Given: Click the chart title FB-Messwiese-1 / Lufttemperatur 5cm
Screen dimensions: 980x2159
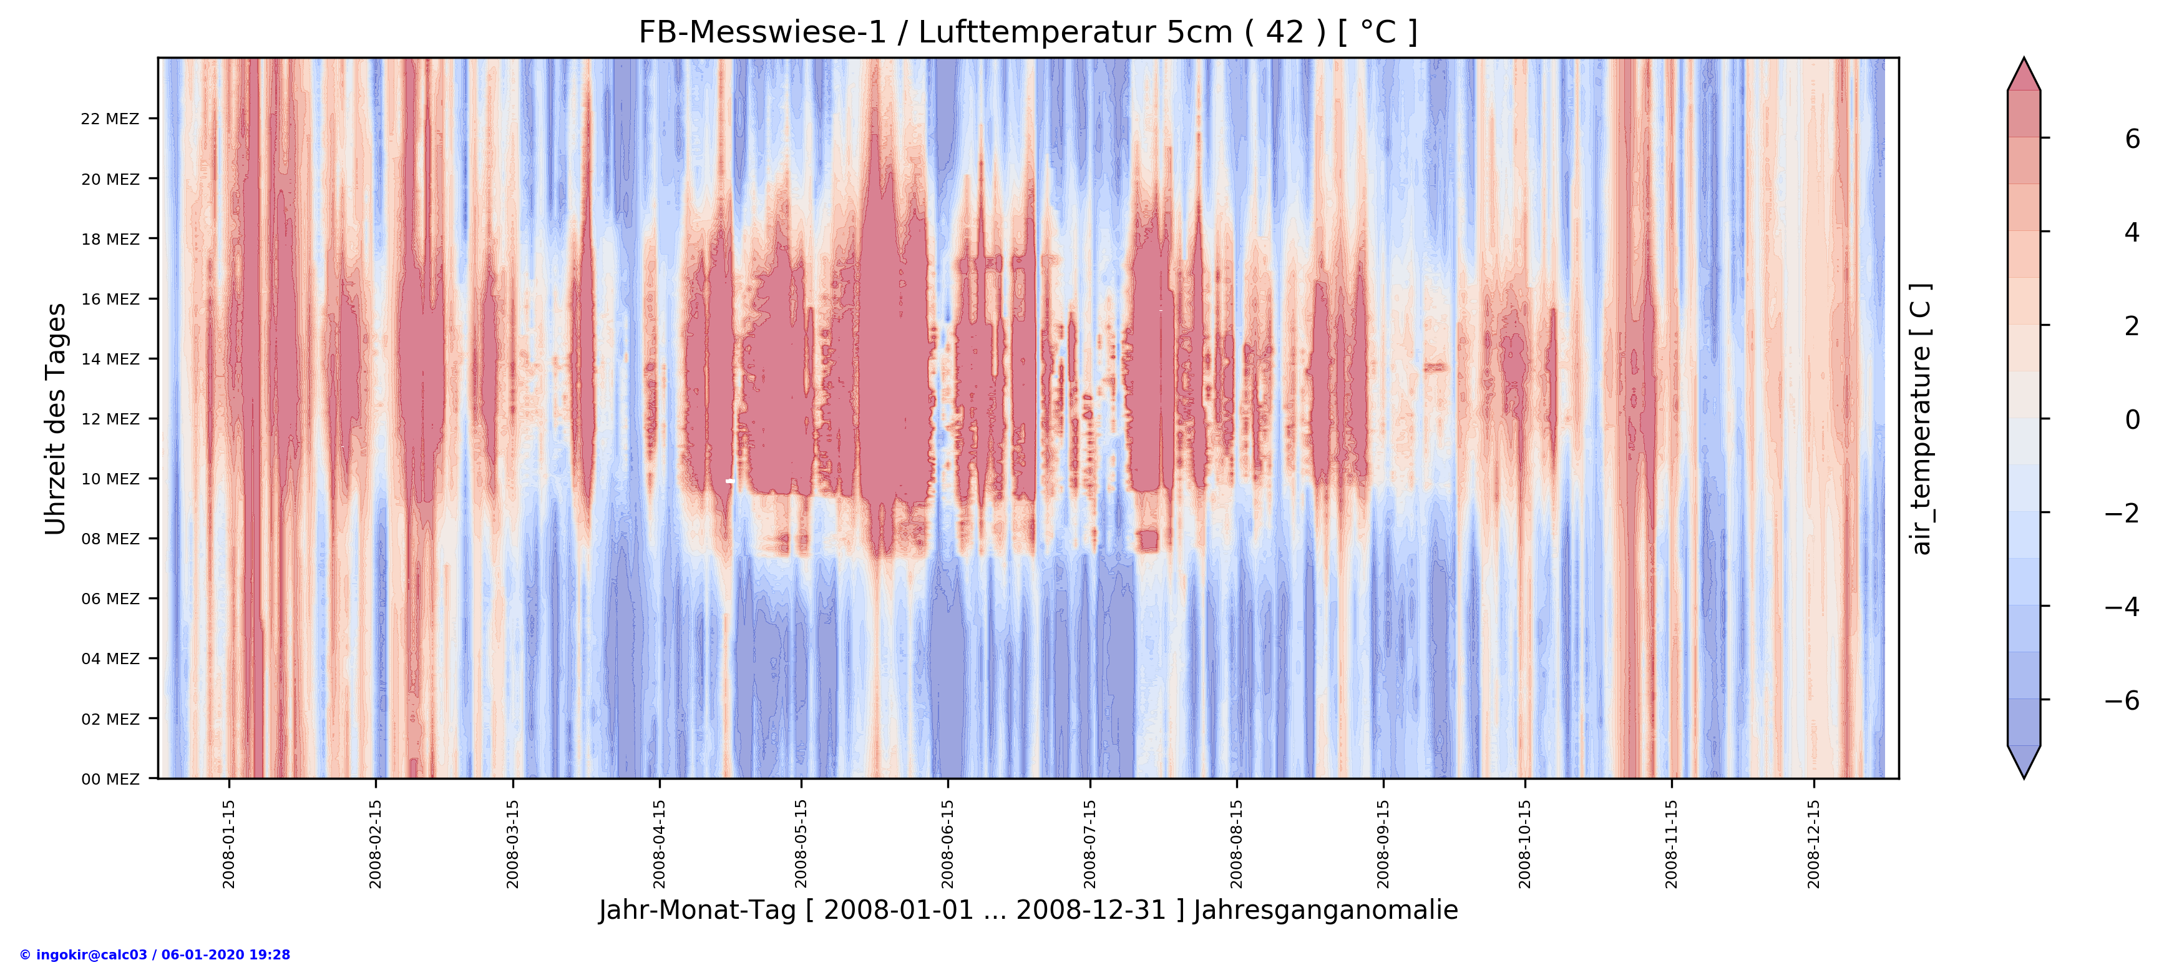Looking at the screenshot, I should (1028, 32).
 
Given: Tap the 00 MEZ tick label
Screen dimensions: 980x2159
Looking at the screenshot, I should (110, 779).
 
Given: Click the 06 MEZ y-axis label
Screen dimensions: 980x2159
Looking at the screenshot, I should (110, 599).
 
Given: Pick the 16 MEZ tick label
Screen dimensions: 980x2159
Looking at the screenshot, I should (110, 299).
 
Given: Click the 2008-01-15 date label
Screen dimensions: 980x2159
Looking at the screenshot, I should (229, 843).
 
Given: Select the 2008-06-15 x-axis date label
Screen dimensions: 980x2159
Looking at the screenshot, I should (947, 843).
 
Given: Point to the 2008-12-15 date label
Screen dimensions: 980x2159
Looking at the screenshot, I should (1814, 843).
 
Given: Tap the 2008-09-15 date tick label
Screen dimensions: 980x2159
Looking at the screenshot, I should (1383, 843).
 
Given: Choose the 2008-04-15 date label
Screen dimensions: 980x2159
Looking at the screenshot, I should (659, 843).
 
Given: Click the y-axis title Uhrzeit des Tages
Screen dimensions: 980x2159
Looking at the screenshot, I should (56, 418).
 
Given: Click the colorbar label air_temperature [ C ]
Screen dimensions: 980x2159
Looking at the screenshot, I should (1921, 418).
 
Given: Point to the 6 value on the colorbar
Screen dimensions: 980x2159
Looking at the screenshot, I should (2132, 139).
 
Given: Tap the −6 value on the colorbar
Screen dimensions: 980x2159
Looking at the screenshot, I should (2122, 700).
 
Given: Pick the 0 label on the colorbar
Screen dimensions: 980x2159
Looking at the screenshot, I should (2132, 419).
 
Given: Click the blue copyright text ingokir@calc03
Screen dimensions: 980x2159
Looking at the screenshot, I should (155, 955).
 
